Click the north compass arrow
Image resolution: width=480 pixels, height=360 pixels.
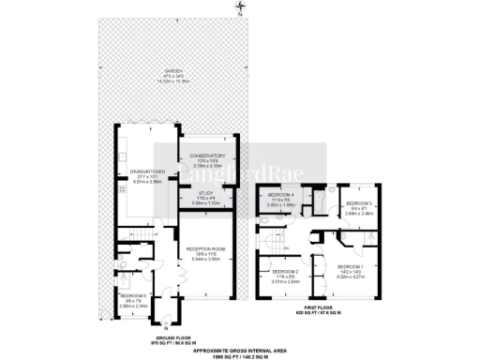tap(238, 10)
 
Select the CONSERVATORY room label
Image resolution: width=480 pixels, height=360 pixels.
tap(206, 156)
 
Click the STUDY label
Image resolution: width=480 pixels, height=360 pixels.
tap(205, 197)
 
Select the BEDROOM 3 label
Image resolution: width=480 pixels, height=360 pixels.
tap(358, 203)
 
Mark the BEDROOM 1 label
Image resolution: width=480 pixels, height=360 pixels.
tap(352, 267)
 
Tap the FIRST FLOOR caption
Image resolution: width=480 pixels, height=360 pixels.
tap(322, 307)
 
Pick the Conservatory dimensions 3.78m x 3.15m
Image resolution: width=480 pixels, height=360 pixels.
tap(206, 166)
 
